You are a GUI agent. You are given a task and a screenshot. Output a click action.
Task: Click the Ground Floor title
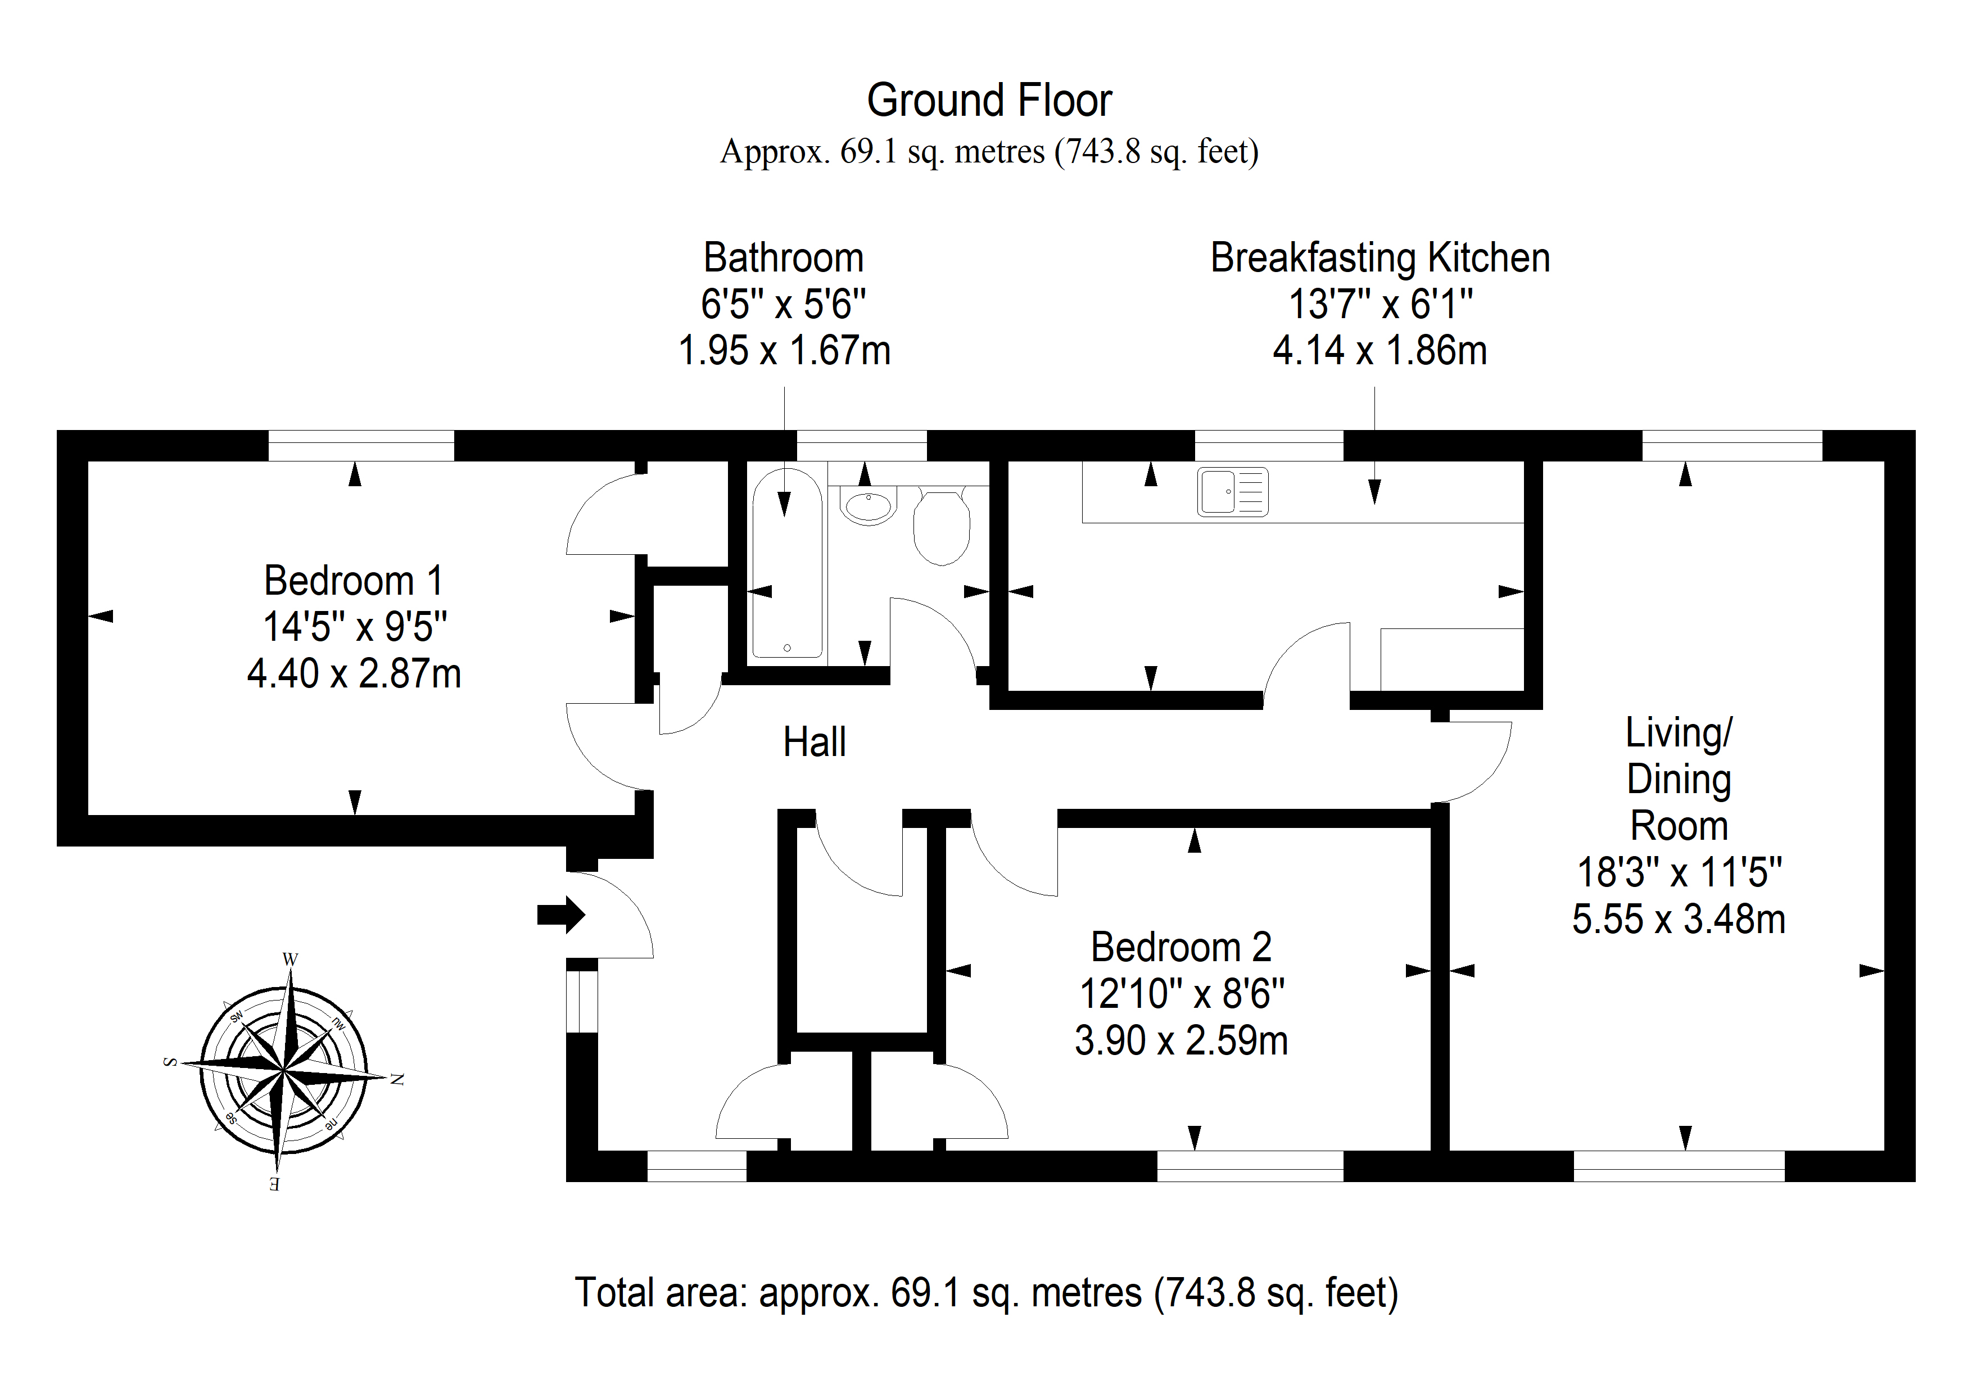tap(989, 101)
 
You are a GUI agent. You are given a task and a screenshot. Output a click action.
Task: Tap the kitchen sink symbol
tap(1232, 492)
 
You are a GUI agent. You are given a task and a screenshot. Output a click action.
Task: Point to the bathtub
tap(787, 563)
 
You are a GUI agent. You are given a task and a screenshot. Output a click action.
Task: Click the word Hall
tap(814, 742)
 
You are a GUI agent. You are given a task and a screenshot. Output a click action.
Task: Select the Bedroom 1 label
tap(353, 581)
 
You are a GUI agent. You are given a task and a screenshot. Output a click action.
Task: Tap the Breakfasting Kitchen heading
tap(1380, 257)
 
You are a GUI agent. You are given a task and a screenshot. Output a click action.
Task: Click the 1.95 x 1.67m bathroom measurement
tap(784, 350)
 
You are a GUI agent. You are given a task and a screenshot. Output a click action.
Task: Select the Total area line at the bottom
tap(986, 1293)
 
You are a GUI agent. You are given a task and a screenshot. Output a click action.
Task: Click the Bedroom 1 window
tap(361, 446)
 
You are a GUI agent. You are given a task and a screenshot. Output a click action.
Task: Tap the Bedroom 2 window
tap(1250, 1166)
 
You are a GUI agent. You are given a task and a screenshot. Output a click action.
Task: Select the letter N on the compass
tap(397, 1080)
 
